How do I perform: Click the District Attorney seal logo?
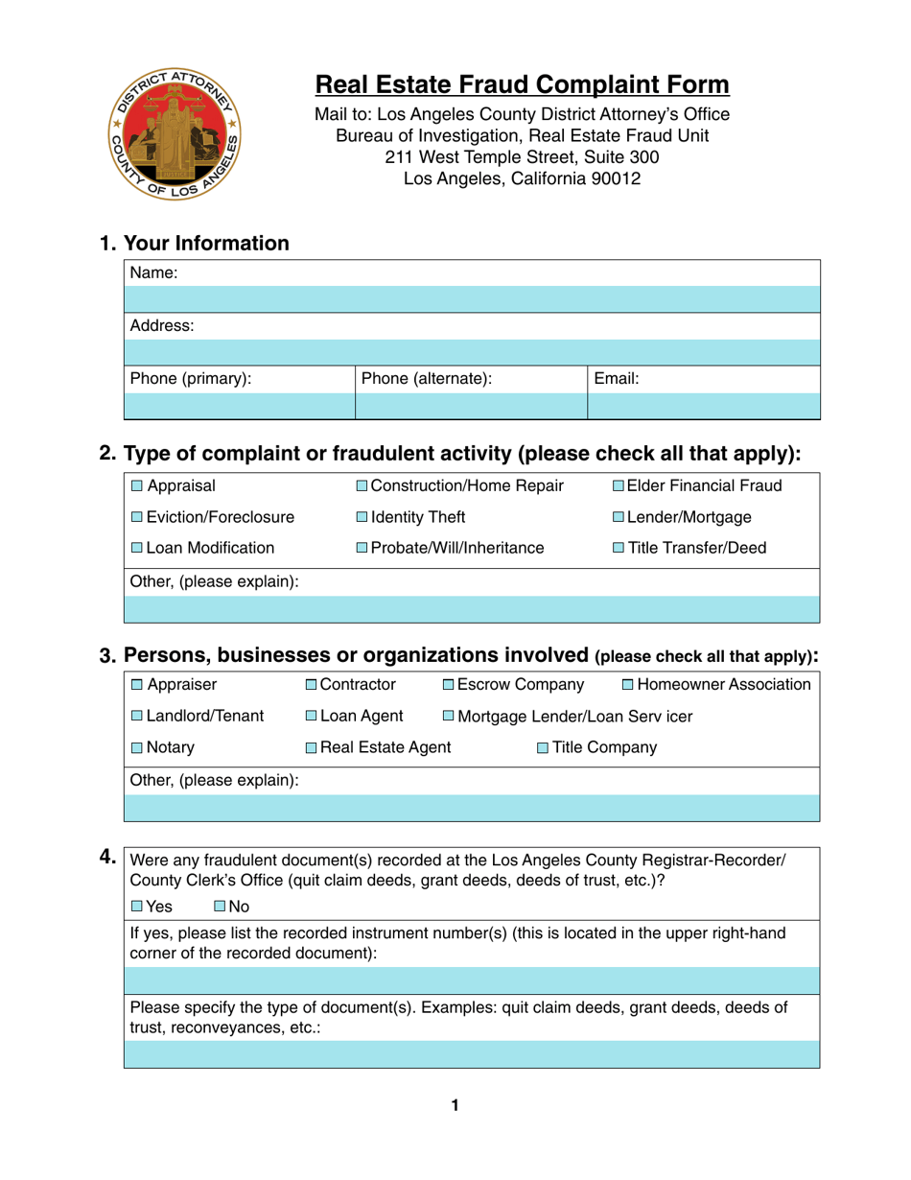click(x=175, y=134)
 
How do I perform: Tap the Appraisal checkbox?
click(x=137, y=486)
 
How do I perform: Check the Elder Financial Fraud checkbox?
click(x=618, y=486)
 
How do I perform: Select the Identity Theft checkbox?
click(x=361, y=518)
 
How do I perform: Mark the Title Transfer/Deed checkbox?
click(x=618, y=549)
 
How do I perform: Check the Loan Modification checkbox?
click(x=137, y=549)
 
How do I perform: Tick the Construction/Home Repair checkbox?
click(x=361, y=486)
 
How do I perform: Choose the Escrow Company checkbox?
click(x=449, y=685)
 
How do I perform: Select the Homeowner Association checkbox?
click(x=628, y=685)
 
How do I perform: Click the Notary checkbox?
click(x=137, y=747)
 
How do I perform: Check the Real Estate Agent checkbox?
click(x=312, y=747)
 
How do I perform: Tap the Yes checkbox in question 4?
click(x=137, y=906)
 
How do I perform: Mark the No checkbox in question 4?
click(x=220, y=906)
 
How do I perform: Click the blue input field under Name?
click(x=472, y=299)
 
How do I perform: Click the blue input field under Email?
click(x=703, y=407)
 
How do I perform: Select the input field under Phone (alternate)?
click(x=470, y=407)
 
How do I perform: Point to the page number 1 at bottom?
click(x=455, y=1106)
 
